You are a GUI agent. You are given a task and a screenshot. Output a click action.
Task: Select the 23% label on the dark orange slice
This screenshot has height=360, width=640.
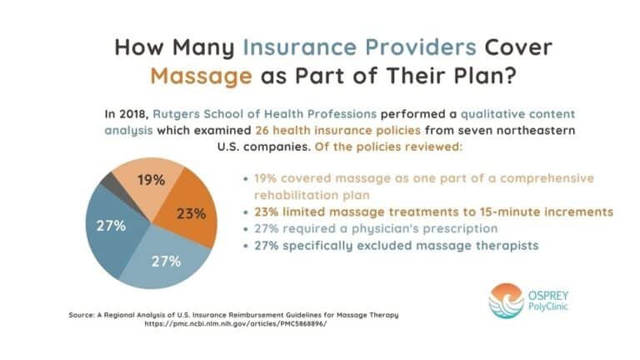[191, 213]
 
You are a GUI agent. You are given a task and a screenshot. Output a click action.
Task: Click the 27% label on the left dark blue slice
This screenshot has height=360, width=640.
[110, 226]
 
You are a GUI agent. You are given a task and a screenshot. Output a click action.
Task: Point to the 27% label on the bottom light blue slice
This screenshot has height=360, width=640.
[167, 261]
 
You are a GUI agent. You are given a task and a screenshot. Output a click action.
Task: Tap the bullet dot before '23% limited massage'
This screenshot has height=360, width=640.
[244, 212]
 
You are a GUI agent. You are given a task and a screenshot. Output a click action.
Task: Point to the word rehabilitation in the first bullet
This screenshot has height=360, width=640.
[292, 194]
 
